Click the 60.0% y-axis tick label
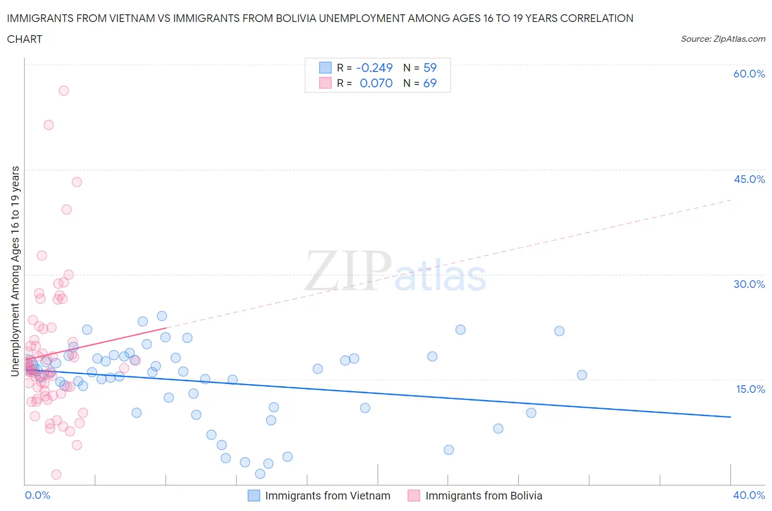coord(749,74)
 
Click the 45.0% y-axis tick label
coord(749,179)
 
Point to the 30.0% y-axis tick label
coord(749,284)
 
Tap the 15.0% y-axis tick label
coord(749,389)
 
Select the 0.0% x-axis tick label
coord(37,495)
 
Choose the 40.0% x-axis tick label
coord(749,495)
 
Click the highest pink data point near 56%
coord(64,91)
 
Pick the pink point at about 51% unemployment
coord(49,125)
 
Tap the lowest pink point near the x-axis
coord(56,474)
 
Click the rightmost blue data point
coord(582,375)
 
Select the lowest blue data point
coord(260,474)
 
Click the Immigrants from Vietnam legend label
coord(327,496)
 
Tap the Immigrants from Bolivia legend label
coord(484,496)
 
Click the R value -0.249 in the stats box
coord(374,68)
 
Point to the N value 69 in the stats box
coord(430,83)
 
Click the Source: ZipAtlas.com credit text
coord(723,39)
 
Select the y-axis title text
coord(15,271)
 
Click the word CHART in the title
coord(25,39)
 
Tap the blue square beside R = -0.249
coord(326,68)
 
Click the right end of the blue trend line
coord(730,417)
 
